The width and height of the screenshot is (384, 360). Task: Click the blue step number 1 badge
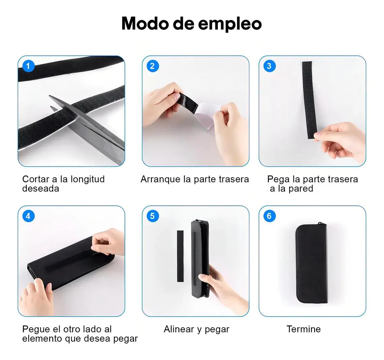[28, 66]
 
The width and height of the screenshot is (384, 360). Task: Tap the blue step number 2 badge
[153, 66]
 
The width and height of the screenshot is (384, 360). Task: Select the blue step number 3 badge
[269, 66]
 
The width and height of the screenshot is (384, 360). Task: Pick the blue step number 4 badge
[28, 216]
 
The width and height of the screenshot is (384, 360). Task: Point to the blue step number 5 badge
[153, 216]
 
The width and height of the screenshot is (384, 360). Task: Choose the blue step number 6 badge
[269, 216]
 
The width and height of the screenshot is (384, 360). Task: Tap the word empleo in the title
[230, 24]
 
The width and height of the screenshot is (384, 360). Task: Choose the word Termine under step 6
[304, 329]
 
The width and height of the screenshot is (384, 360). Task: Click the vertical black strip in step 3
[309, 100]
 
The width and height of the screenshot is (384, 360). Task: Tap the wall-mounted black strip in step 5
[180, 256]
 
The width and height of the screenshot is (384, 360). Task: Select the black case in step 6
[312, 263]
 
